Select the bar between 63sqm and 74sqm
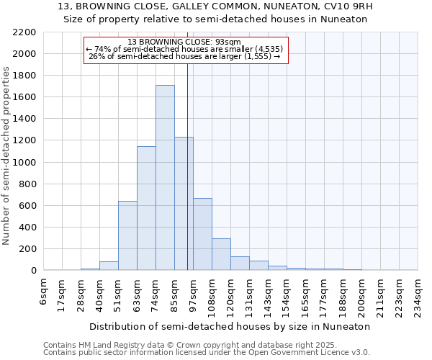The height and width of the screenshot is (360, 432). point(146,208)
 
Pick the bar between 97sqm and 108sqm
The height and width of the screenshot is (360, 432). point(202,234)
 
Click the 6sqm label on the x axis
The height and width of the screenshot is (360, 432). point(44,293)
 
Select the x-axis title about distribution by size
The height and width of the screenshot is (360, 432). point(230,326)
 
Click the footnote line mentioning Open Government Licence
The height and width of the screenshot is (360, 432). point(207,352)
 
